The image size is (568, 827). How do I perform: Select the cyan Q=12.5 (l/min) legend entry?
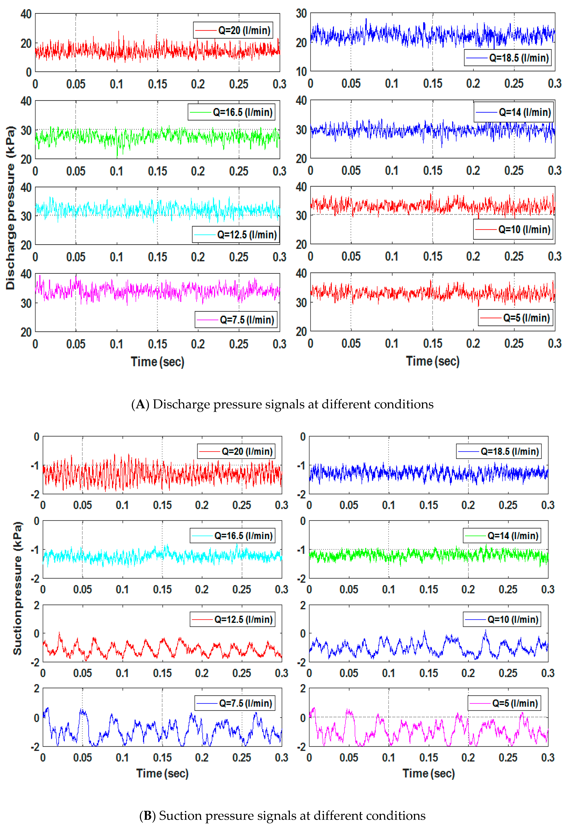(x=236, y=234)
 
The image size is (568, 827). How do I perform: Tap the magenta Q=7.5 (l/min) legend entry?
(x=236, y=320)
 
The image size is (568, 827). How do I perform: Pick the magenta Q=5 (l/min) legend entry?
(x=504, y=703)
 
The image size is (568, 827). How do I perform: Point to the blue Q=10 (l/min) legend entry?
(x=502, y=620)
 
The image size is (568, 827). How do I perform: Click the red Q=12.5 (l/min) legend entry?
(x=233, y=620)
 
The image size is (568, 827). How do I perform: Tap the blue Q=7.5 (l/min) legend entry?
(x=235, y=703)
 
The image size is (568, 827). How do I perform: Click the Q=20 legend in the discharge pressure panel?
(x=233, y=30)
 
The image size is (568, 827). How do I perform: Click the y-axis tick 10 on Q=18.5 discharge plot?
(x=301, y=71)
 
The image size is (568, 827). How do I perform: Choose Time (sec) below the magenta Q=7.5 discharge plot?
(x=157, y=362)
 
